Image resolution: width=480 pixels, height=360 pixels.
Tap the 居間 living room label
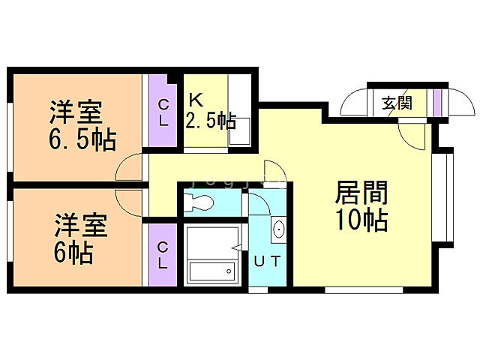[x=361, y=194]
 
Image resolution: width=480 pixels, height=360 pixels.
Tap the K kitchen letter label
[x=195, y=99]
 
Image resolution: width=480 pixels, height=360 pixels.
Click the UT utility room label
[x=267, y=262]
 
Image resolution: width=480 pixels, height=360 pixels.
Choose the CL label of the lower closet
[x=163, y=255]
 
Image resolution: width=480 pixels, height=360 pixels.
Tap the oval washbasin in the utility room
[x=278, y=229]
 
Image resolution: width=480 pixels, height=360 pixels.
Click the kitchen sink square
[x=239, y=134]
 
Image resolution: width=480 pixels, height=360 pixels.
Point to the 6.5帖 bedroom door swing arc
[x=129, y=166]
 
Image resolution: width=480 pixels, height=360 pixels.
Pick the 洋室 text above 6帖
[x=79, y=225]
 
